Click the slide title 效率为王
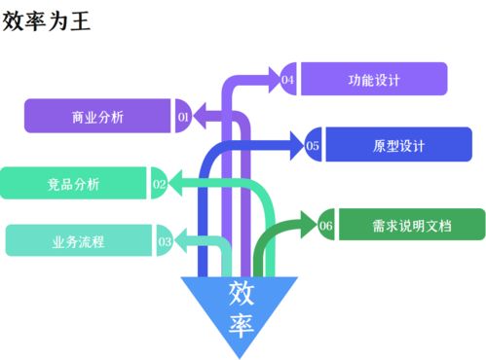46,20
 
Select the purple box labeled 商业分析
97,117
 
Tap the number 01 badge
182,117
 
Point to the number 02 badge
159,182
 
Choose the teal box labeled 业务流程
78,240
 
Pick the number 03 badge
164,240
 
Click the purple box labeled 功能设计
373,79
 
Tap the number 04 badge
288,80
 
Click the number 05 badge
314,146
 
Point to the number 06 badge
326,226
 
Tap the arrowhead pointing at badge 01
198,117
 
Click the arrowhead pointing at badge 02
175,182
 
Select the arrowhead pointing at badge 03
180,240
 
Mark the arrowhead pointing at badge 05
297,146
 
